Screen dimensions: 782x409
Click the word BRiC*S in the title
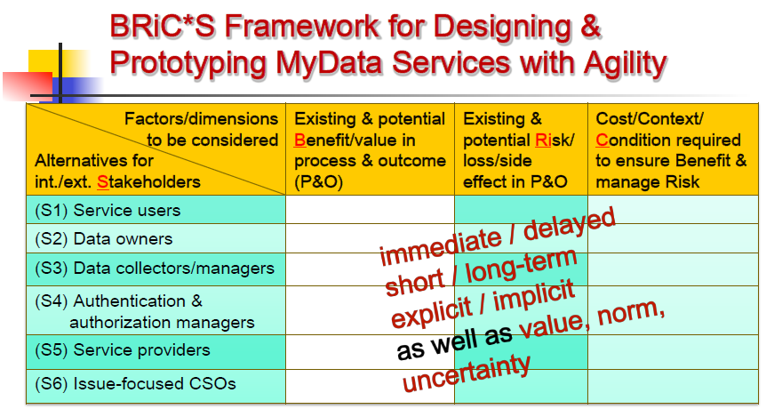point(163,27)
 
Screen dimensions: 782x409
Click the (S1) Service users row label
point(108,211)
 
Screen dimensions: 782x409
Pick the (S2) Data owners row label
point(104,239)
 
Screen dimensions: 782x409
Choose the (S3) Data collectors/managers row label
point(155,269)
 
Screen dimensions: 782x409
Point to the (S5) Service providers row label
point(123,350)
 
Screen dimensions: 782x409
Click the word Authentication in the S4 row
point(130,301)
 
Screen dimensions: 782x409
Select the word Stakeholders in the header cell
point(148,182)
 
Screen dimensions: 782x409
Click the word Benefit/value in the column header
point(355,140)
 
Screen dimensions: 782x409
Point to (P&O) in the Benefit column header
point(319,182)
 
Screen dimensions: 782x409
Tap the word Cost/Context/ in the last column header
point(650,119)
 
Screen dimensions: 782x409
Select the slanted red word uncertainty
point(467,373)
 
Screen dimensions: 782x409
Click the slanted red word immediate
point(441,245)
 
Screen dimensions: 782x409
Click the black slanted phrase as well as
point(455,342)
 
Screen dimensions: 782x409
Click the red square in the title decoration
point(28,85)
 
